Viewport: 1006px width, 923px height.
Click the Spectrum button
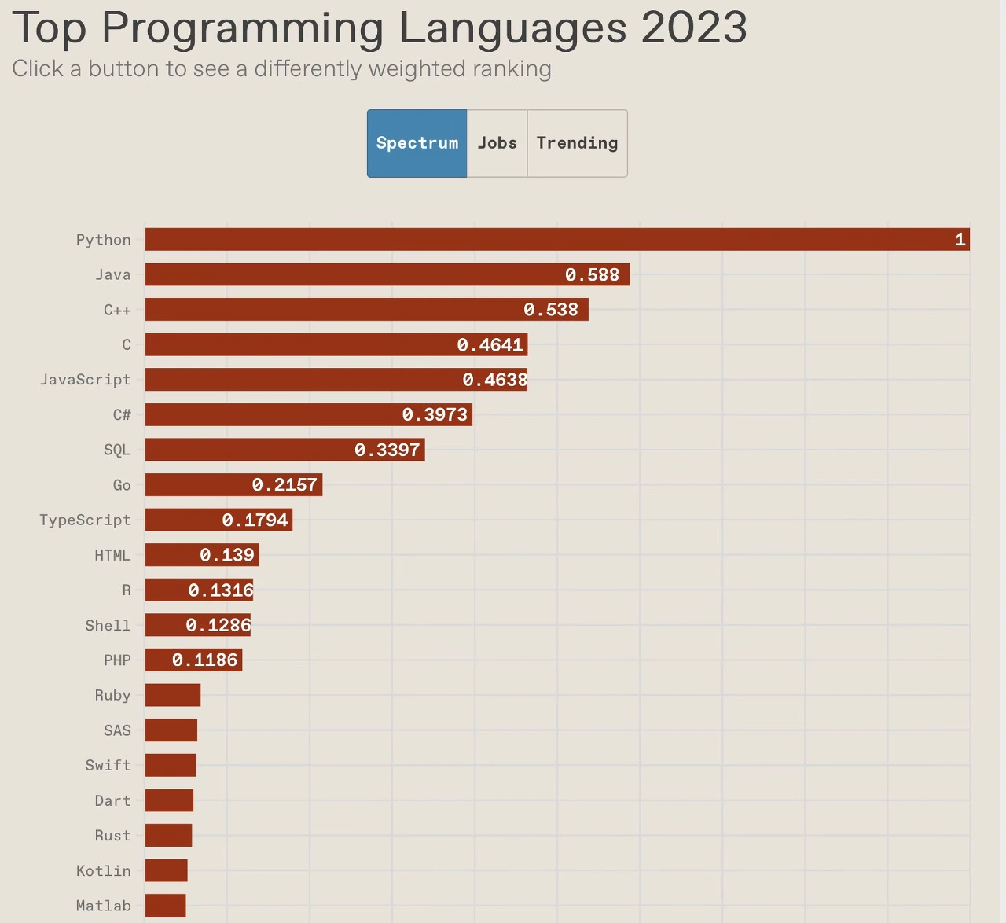coord(417,143)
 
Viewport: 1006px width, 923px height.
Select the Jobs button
coord(497,143)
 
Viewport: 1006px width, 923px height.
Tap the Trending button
coord(577,143)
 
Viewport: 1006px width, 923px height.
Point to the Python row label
coord(103,240)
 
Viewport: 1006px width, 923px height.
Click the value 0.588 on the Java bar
coord(592,274)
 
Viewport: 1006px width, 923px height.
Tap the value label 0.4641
coord(490,344)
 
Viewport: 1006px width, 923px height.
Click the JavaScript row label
coord(85,380)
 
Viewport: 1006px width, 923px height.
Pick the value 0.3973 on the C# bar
coord(435,414)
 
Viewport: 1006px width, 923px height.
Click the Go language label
coord(121,485)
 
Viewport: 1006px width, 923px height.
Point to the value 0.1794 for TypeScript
coord(255,520)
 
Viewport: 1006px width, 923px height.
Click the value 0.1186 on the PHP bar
coord(204,660)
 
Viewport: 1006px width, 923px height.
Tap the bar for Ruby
coord(172,695)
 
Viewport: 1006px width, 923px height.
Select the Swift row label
coord(108,765)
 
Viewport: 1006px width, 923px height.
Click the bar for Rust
coord(168,835)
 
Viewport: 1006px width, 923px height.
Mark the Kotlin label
coord(103,870)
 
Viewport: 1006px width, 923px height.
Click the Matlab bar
coord(165,906)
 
